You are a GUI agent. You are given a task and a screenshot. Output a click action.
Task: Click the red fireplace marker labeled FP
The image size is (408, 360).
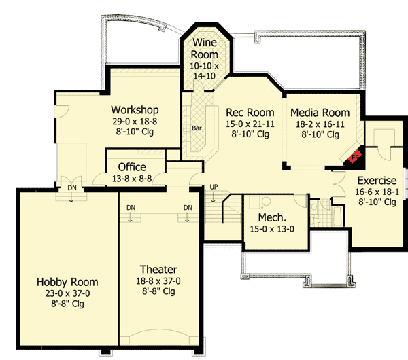pos(354,156)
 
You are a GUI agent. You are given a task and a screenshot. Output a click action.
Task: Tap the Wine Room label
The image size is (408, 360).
pos(205,49)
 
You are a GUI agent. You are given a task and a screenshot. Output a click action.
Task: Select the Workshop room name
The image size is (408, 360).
pos(135,110)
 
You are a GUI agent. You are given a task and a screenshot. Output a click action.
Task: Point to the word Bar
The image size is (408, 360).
pos(197,128)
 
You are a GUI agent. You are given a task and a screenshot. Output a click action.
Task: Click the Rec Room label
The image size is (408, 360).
pos(250,113)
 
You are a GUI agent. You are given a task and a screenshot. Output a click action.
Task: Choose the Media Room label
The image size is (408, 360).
pos(320,113)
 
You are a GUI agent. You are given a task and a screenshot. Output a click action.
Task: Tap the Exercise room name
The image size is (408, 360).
pos(377,181)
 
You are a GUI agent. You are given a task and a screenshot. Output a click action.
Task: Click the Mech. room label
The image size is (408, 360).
pos(272,217)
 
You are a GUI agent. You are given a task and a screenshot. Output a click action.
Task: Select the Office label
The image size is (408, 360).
pos(132,167)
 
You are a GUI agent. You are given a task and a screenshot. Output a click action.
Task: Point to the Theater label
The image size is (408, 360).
pos(158,269)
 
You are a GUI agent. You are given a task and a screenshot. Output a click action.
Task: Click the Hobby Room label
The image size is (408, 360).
pos(67,282)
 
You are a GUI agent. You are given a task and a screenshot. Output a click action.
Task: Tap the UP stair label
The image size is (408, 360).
pos(214,187)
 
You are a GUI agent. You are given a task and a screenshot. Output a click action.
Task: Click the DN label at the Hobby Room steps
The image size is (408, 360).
pos(72,187)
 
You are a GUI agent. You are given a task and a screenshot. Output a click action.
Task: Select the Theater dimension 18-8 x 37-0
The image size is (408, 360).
pos(158,281)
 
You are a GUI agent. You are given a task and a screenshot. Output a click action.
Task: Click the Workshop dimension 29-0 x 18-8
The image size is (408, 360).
pos(135,122)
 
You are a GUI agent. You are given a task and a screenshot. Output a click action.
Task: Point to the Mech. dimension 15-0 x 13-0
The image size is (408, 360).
pos(272,229)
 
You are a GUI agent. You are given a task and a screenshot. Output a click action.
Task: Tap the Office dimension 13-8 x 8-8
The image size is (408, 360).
pos(132,179)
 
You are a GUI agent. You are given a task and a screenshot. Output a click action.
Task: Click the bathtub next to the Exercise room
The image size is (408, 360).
pos(337,216)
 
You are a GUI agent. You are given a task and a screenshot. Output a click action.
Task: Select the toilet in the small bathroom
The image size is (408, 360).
pos(316,214)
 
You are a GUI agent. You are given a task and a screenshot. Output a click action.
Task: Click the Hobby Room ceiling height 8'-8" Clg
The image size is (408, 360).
pos(67,304)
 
